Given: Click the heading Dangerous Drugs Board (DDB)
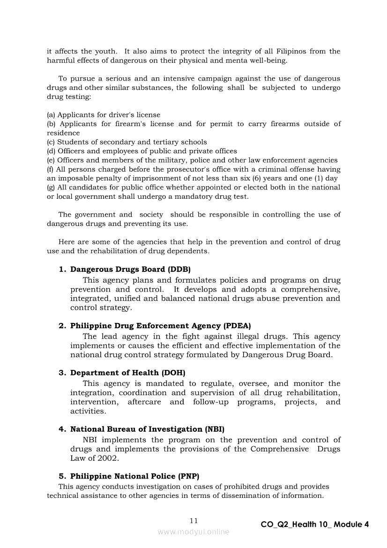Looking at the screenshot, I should click(x=130, y=270).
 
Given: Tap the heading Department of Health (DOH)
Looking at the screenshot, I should click(x=128, y=373).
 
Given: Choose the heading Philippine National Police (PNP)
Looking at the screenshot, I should click(x=135, y=476).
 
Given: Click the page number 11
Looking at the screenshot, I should click(x=194, y=521).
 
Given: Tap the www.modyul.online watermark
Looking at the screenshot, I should click(x=193, y=532).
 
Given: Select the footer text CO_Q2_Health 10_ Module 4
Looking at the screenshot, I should click(x=314, y=525).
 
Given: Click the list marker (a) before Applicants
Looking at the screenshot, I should click(x=51, y=115).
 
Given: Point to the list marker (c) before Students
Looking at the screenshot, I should click(x=51, y=142).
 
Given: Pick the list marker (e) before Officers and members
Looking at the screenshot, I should click(x=51, y=160).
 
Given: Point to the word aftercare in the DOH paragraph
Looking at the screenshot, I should click(x=144, y=402).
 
